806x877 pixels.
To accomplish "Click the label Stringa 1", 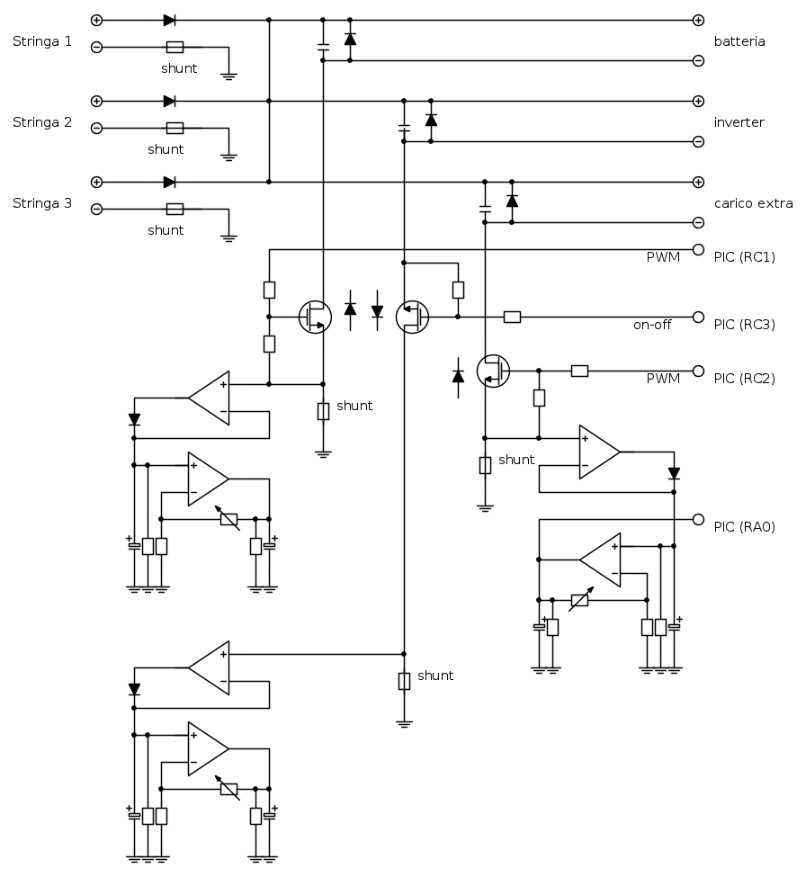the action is click(x=42, y=41).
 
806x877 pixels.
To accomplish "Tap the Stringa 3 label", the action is click(x=42, y=203).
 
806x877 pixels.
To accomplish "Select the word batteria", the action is click(x=739, y=41).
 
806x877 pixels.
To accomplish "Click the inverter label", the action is click(x=739, y=122).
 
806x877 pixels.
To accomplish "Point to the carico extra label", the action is click(x=754, y=203).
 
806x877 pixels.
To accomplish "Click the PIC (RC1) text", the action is click(x=745, y=257).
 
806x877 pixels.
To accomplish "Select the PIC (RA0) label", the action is click(x=745, y=527).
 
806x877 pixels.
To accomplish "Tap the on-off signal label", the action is click(x=652, y=325).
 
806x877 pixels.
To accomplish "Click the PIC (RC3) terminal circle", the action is click(x=698, y=318).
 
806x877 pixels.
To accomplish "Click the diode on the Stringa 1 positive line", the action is click(x=169, y=21).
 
